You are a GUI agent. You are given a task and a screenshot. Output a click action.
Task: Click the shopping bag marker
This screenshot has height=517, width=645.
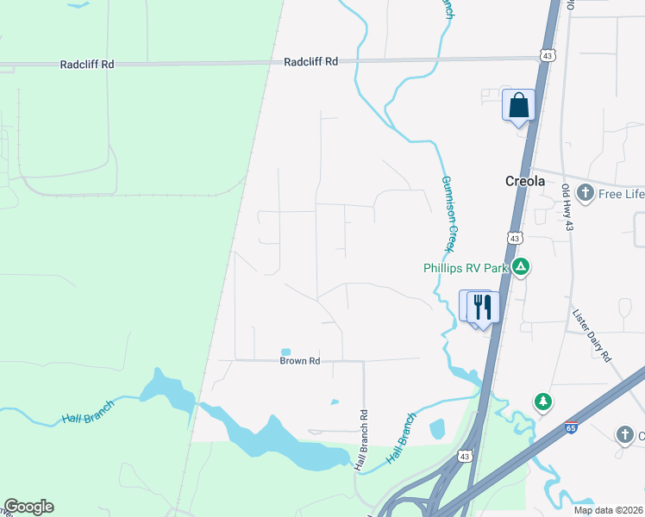point(518,106)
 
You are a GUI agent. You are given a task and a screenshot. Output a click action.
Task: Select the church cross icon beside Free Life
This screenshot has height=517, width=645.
point(586,193)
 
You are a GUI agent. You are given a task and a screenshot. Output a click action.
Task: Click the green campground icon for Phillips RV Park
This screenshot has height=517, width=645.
point(520,267)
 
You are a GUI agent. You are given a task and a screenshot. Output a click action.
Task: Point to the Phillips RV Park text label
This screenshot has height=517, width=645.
point(466,268)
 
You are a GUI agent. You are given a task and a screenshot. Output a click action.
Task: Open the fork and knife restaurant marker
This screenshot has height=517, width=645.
point(482,307)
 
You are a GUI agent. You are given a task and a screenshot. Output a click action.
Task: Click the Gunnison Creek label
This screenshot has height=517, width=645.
point(448,214)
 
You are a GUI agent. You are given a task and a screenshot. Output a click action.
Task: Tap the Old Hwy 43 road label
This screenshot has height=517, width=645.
point(567,208)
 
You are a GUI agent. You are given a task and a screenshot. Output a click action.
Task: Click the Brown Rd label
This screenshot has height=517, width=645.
point(300,361)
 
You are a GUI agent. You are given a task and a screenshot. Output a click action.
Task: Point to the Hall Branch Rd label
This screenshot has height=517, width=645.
point(363,439)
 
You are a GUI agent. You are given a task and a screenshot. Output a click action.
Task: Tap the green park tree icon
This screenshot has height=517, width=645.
point(542,402)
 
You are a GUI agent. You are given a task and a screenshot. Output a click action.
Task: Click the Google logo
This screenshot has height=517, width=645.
point(28,507)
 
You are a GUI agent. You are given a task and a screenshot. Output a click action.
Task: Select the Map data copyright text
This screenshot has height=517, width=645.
point(608,510)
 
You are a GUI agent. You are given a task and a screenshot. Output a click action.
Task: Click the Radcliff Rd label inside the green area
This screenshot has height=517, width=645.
point(87,65)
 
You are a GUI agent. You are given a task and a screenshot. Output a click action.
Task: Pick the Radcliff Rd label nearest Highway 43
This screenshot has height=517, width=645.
point(312,61)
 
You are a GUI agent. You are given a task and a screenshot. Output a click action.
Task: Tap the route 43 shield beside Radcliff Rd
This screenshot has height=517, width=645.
point(548,55)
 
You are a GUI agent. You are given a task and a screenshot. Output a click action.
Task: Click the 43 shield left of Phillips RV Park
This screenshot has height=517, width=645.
point(515,237)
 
